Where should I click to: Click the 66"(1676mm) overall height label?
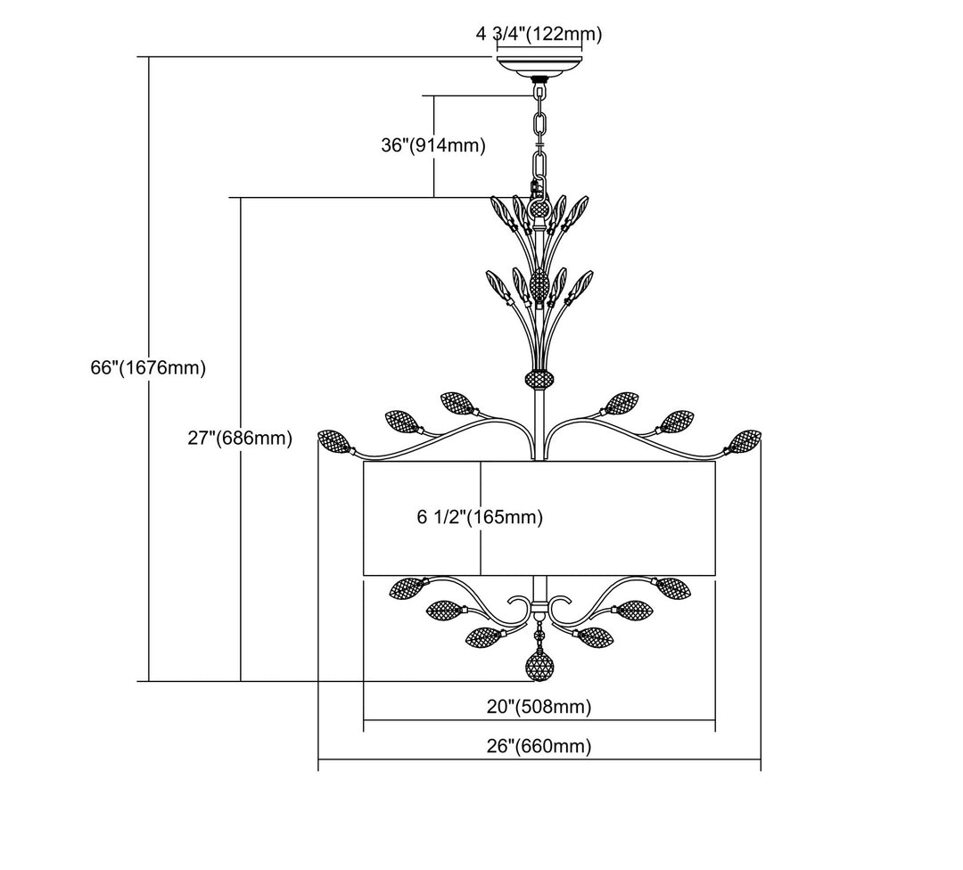[148, 368]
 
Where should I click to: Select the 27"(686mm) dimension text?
[240, 438]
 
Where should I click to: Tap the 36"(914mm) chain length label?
[433, 145]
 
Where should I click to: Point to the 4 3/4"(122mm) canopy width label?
[539, 34]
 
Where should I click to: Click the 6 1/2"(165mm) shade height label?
[481, 517]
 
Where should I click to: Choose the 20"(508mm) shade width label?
[539, 707]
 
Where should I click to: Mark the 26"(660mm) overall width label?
[539, 746]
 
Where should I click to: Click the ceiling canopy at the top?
[539, 67]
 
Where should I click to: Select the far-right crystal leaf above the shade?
[745, 442]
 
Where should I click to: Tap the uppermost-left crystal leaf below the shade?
[407, 587]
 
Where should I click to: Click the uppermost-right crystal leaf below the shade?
[671, 587]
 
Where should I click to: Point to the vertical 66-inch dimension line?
[149, 369]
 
